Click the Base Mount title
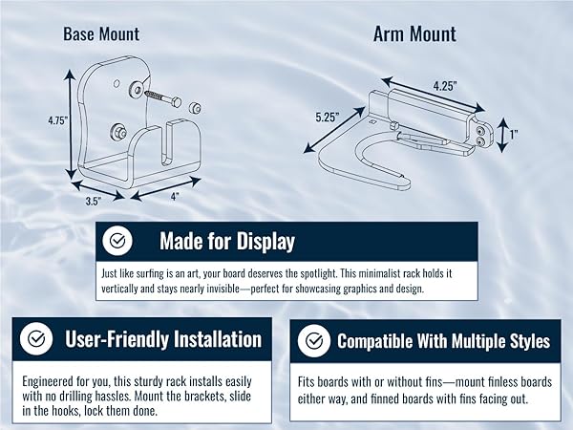click(x=101, y=34)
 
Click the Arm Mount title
click(x=414, y=34)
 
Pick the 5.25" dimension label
click(x=329, y=118)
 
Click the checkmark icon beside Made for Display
click(x=117, y=241)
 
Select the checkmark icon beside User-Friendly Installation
click(x=35, y=338)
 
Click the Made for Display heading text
click(x=226, y=241)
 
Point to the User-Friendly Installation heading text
click(x=162, y=339)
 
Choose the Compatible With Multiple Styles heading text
click(x=443, y=340)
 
